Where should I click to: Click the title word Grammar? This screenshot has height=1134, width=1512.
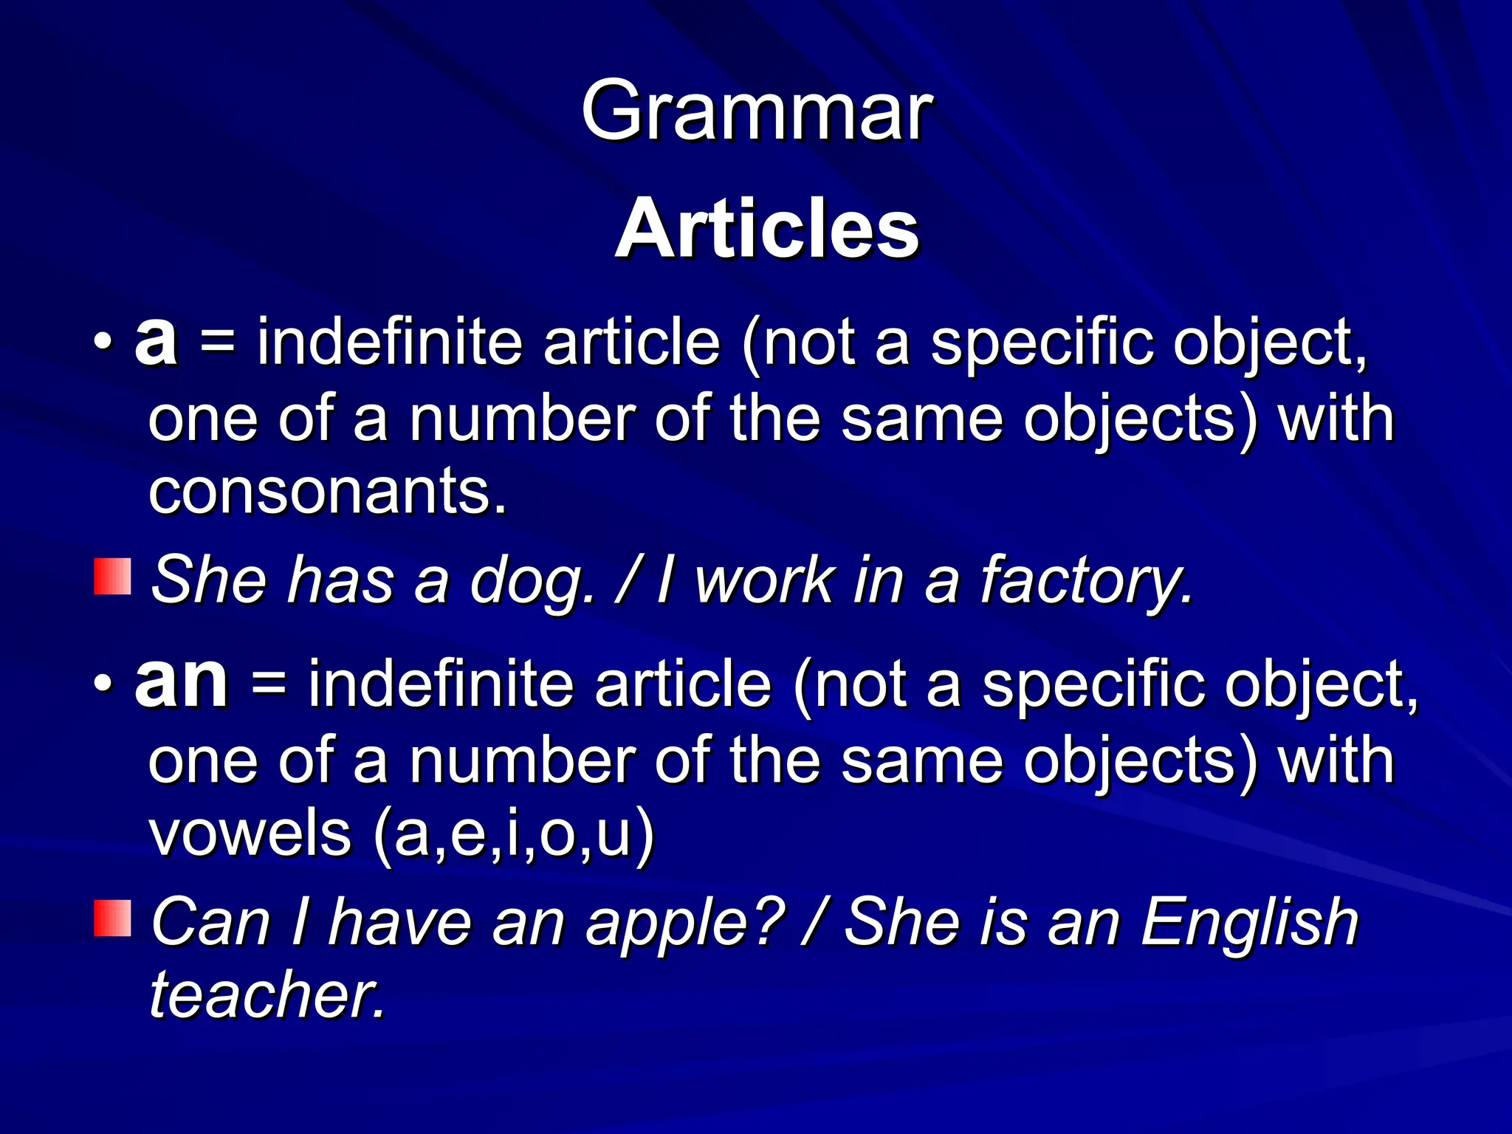pyautogui.click(x=757, y=112)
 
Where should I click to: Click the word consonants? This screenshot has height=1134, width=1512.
pyautogui.click(x=328, y=492)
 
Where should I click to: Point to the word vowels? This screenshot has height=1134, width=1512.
pyautogui.click(x=250, y=833)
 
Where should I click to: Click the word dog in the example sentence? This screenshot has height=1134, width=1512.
pyautogui.click(x=532, y=582)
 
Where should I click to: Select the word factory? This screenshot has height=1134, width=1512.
pyautogui.click(x=1085, y=582)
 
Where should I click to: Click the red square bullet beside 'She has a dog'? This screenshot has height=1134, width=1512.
pyautogui.click(x=112, y=577)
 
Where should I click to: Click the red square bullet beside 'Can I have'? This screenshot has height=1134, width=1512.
pyautogui.click(x=112, y=918)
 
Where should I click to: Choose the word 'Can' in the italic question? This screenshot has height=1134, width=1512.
pyautogui.click(x=211, y=923)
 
